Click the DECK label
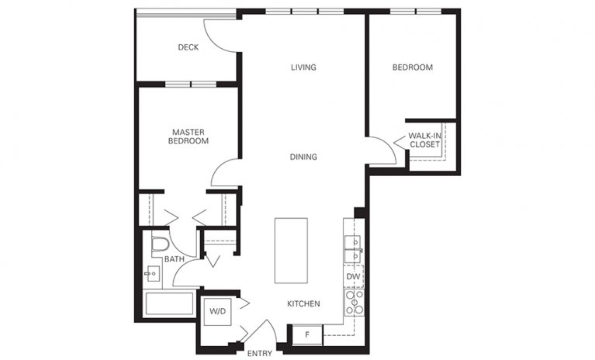pyautogui.click(x=188, y=47)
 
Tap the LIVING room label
pyautogui.click(x=303, y=67)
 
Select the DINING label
pyautogui.click(x=303, y=157)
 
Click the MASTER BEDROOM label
pyautogui.click(x=189, y=137)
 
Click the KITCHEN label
pyautogui.click(x=303, y=303)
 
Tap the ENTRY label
pyautogui.click(x=259, y=354)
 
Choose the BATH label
pyautogui.click(x=174, y=259)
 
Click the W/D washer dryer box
pyautogui.click(x=216, y=313)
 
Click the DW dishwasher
pyautogui.click(x=352, y=275)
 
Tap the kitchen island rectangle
pyautogui.click(x=291, y=251)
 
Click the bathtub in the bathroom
pyautogui.click(x=169, y=303)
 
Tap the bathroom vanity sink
pyautogui.click(x=152, y=273)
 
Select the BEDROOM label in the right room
pyautogui.click(x=412, y=67)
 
